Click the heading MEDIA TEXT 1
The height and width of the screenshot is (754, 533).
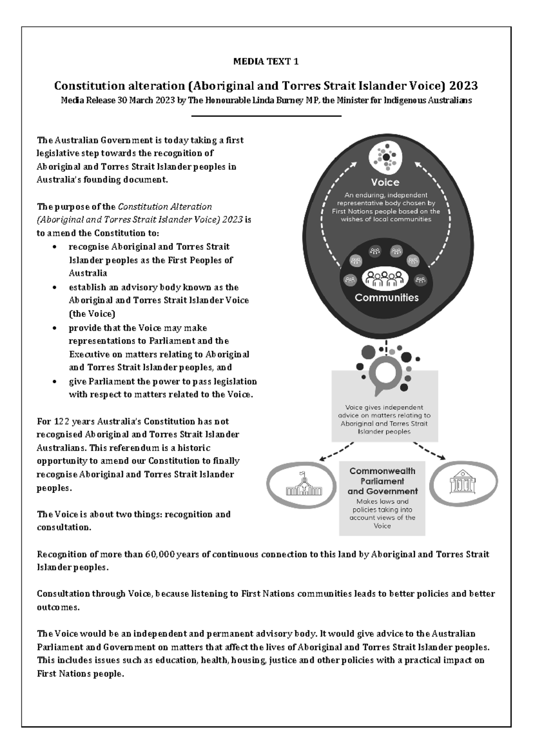tap(266, 62)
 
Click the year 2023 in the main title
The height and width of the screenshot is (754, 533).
tap(463, 85)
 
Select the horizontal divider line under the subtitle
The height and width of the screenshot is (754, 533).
tap(266, 116)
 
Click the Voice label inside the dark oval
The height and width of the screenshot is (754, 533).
tap(385, 182)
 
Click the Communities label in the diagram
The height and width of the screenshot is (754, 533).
tap(386, 297)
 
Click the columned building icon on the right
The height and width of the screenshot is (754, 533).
tap(461, 483)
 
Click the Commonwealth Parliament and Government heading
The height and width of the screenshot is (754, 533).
tap(382, 481)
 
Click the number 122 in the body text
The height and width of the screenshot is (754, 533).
tap(61, 421)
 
